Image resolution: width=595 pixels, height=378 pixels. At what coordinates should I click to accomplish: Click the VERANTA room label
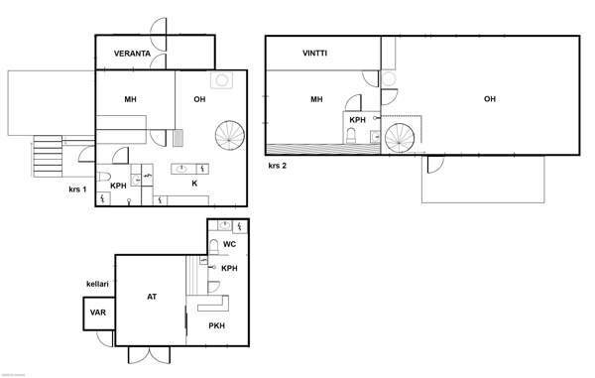132,54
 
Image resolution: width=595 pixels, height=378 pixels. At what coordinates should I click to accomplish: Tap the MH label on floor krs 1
130,99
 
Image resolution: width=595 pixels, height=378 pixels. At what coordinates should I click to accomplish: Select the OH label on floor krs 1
199,99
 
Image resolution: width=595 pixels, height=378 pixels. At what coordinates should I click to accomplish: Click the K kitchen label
194,184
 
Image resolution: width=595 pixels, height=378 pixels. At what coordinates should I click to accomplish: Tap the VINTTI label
315,53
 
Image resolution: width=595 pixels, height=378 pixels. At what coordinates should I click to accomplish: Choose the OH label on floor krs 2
489,99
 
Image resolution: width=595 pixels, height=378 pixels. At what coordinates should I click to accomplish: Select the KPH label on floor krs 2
358,120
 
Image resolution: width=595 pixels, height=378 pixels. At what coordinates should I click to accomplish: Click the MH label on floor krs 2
316,99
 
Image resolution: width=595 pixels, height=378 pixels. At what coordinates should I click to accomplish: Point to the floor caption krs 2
278,166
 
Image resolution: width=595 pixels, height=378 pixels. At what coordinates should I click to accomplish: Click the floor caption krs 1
77,189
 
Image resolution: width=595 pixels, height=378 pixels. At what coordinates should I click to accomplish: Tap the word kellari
98,283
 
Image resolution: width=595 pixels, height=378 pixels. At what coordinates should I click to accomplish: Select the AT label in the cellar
152,297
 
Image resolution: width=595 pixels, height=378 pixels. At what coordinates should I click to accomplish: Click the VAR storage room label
97,313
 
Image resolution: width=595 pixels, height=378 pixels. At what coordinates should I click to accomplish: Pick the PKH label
216,325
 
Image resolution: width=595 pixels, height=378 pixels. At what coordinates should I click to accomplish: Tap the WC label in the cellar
229,244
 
